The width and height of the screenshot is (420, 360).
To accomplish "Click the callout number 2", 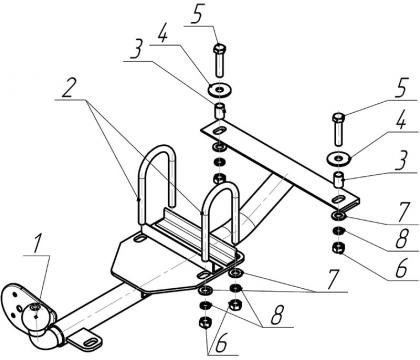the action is tap(68, 87).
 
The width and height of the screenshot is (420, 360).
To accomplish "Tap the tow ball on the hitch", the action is tap(34, 317).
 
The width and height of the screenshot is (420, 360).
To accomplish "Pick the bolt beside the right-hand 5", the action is tap(338, 129).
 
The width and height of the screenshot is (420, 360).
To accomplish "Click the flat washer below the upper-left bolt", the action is tap(220, 89).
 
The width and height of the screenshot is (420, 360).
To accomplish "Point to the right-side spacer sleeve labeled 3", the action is tap(339, 179).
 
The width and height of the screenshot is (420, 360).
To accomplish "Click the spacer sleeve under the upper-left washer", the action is tap(220, 111).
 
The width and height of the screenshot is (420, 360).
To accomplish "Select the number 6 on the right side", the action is tap(401, 267).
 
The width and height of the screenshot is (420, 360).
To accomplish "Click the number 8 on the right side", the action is tap(402, 238).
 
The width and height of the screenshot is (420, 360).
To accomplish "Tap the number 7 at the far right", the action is tap(404, 211).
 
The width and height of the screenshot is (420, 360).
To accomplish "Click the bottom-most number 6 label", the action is tap(221, 343).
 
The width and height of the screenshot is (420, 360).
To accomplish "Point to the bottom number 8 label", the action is tap(277, 315).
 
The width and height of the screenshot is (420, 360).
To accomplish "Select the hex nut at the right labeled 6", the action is tap(338, 249).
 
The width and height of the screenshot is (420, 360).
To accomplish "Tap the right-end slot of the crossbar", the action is tap(339, 200).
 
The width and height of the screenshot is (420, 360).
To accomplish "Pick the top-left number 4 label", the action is tap(162, 35).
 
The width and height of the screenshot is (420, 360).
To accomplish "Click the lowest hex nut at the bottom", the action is tap(204, 323).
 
